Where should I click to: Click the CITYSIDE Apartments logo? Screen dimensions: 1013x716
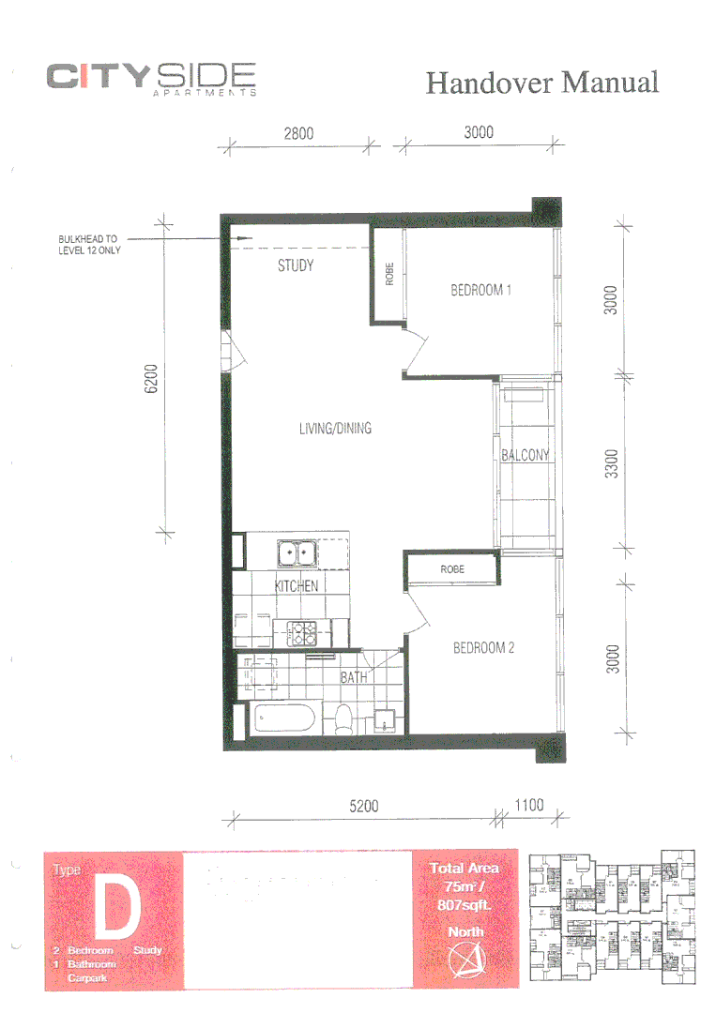(151, 79)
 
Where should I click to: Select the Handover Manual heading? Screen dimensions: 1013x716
(541, 83)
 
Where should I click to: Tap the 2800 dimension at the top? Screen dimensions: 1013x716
(298, 133)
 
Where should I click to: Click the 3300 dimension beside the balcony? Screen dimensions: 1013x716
(611, 463)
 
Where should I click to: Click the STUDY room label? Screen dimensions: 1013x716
(296, 265)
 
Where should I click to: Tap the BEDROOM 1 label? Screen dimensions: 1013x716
(480, 291)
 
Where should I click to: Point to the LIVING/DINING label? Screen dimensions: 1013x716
(335, 429)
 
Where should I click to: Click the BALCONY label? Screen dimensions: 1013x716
(525, 456)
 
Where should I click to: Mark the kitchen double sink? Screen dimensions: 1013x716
(296, 553)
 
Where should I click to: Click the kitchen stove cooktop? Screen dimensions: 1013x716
(302, 633)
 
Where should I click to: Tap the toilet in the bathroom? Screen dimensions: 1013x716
(343, 720)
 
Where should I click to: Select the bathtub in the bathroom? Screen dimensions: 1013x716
(284, 720)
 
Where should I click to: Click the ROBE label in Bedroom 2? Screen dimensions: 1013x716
(453, 569)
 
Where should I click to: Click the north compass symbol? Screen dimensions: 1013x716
(465, 960)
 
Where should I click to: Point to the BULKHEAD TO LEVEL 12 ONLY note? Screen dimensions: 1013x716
(89, 245)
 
